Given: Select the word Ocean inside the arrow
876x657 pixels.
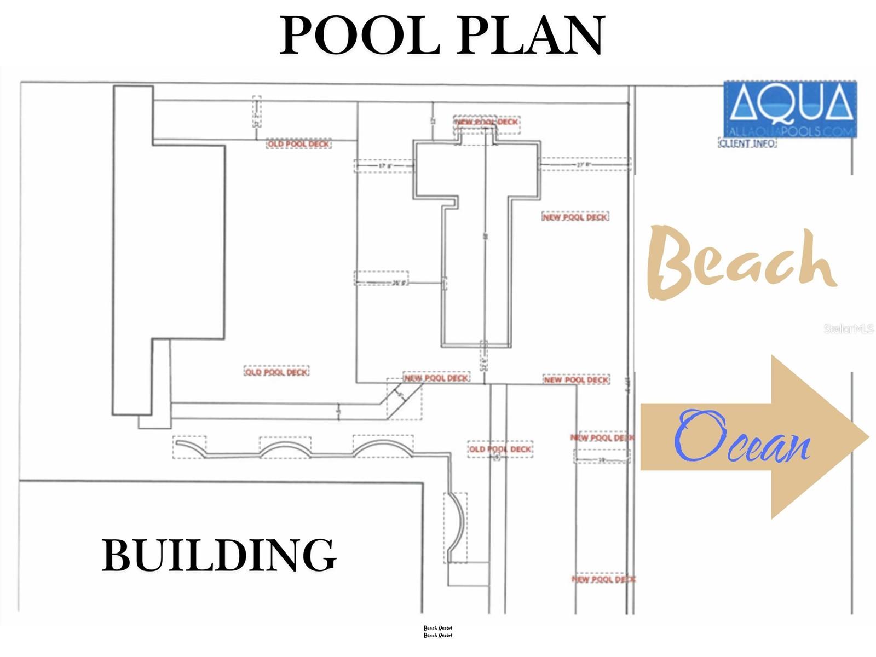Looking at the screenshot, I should click(742, 438).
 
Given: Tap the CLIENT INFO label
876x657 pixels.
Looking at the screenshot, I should click(747, 143).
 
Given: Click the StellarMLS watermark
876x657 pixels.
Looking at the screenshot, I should click(848, 329).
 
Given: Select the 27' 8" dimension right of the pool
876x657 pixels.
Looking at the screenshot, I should click(584, 164).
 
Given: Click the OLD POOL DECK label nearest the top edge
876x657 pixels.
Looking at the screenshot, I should click(299, 144).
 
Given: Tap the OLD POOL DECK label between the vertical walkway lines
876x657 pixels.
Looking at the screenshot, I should click(500, 449).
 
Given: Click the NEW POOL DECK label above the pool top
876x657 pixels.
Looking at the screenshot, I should click(487, 122).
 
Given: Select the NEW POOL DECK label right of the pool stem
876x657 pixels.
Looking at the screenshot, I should click(575, 217).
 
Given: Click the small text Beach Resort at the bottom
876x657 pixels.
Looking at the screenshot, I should click(438, 632).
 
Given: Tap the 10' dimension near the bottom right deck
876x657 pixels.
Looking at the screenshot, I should click(601, 459).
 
